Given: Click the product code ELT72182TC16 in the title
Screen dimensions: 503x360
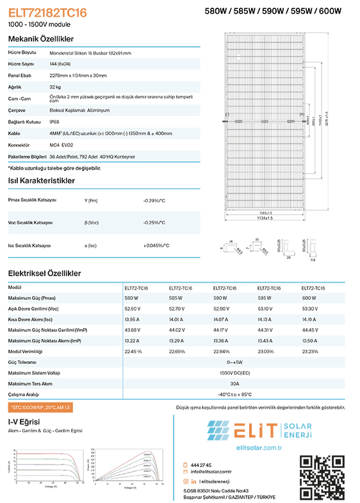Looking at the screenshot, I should pyautogui.click(x=47, y=12).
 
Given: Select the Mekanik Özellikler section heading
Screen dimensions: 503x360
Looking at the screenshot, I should pyautogui.click(x=40, y=39).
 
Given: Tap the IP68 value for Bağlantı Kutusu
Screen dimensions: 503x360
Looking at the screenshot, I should pyautogui.click(x=54, y=121).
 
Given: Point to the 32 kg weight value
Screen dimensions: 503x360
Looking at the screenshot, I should pyautogui.click(x=55, y=86).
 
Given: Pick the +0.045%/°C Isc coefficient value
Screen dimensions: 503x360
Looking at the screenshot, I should pyautogui.click(x=156, y=245).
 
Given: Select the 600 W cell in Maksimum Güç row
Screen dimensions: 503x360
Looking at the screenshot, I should pyautogui.click(x=309, y=298).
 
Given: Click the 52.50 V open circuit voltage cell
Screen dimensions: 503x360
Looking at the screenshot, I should pyautogui.click(x=132, y=308).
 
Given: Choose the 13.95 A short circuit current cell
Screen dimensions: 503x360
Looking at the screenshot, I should pyautogui.click(x=132, y=319).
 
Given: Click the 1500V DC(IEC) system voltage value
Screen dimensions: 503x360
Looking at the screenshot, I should pyautogui.click(x=234, y=372).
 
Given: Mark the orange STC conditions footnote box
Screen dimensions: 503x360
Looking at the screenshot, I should pyautogui.click(x=40, y=408).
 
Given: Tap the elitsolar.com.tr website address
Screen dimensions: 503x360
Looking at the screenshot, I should pyautogui.click(x=259, y=447).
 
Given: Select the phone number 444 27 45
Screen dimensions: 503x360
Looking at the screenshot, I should pyautogui.click(x=201, y=465).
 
